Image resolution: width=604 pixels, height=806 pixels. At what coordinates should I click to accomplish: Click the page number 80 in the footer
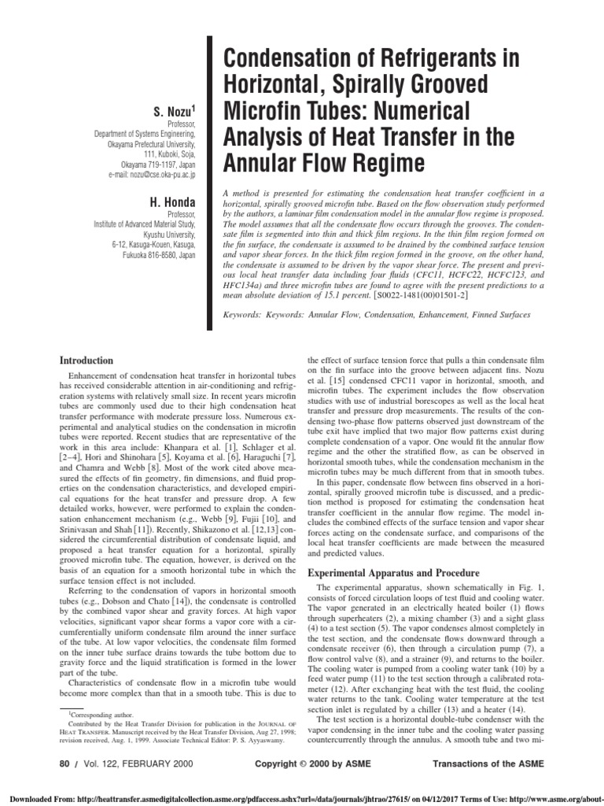(x=65, y=763)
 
